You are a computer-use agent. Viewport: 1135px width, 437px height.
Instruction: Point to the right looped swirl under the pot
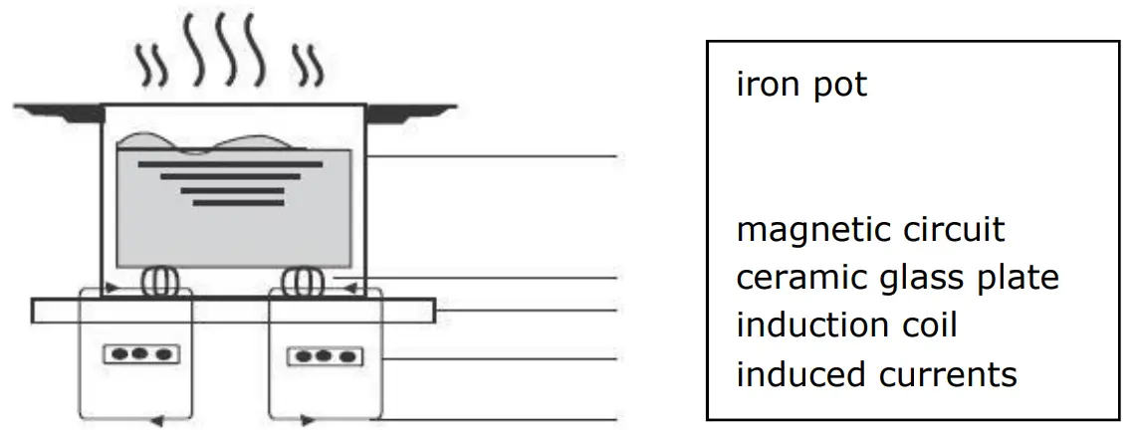tap(301, 282)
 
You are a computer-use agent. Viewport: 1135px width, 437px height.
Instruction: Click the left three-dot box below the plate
tap(139, 355)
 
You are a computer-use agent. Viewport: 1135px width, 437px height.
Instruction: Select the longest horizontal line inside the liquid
tap(230, 161)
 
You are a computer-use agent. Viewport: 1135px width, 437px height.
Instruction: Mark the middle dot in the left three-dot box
tap(139, 355)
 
